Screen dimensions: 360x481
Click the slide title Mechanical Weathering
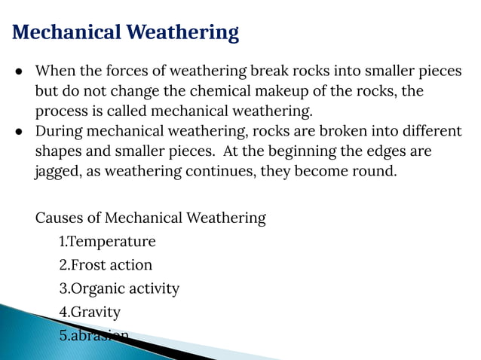tap(126, 32)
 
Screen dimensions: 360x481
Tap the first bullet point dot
tap(18, 72)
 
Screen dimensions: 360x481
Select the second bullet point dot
tap(18, 131)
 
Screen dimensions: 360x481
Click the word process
tap(62, 111)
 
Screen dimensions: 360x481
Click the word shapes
tap(59, 151)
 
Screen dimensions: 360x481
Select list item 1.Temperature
tap(107, 242)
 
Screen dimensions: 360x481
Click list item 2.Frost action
tap(106, 265)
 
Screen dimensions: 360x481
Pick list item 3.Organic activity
tap(119, 288)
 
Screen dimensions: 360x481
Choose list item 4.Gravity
tap(90, 312)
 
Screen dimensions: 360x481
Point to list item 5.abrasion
tap(93, 335)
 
